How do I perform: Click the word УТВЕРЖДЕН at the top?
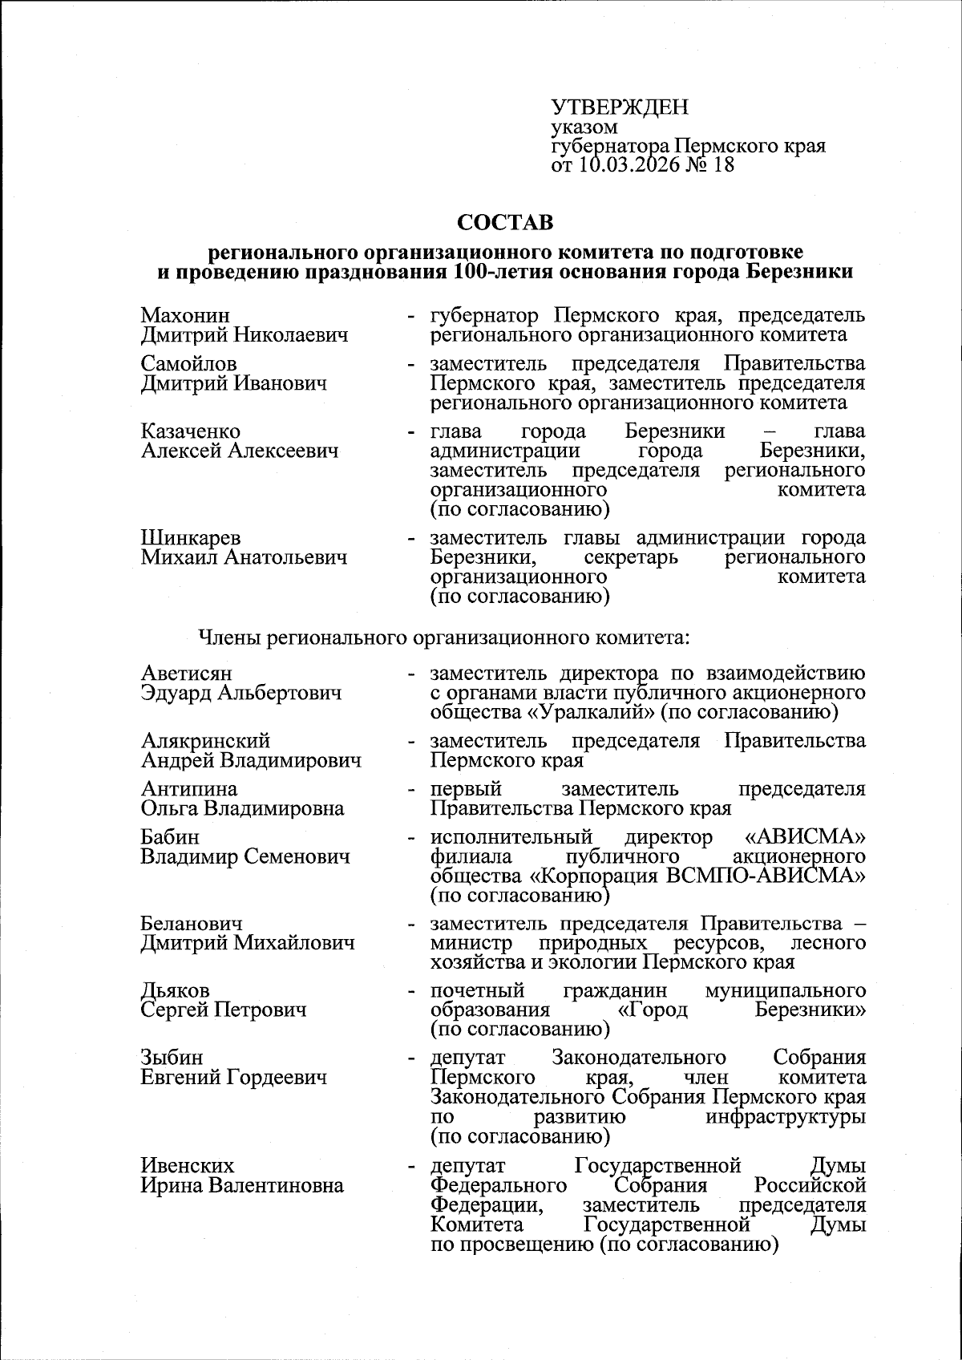(x=620, y=108)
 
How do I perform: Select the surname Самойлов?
(x=188, y=364)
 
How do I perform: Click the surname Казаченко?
(x=191, y=432)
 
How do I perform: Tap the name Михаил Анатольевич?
(x=245, y=557)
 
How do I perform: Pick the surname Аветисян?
(x=187, y=673)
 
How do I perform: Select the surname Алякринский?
(x=205, y=741)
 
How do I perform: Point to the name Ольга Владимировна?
(x=242, y=808)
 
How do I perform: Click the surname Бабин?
(x=169, y=837)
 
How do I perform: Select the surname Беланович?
(x=192, y=924)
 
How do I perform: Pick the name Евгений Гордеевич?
(x=233, y=1078)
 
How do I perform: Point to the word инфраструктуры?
(x=785, y=1117)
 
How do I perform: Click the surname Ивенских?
(x=188, y=1165)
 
